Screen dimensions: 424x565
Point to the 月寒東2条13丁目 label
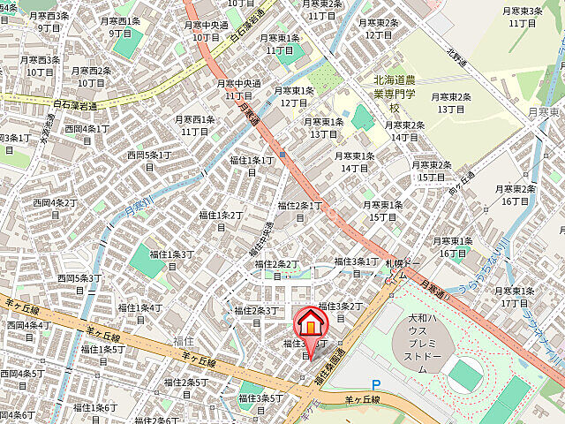tap(451, 102)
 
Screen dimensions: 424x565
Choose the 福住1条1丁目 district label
tap(251, 165)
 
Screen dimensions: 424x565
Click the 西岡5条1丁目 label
tap(148, 160)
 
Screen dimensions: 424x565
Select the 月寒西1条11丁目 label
tap(194, 125)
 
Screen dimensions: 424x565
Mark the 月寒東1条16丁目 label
tap(455, 246)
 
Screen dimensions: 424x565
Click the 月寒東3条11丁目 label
tap(523, 16)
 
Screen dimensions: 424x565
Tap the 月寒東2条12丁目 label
tap(378, 28)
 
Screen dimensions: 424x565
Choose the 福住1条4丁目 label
tap(140, 313)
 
